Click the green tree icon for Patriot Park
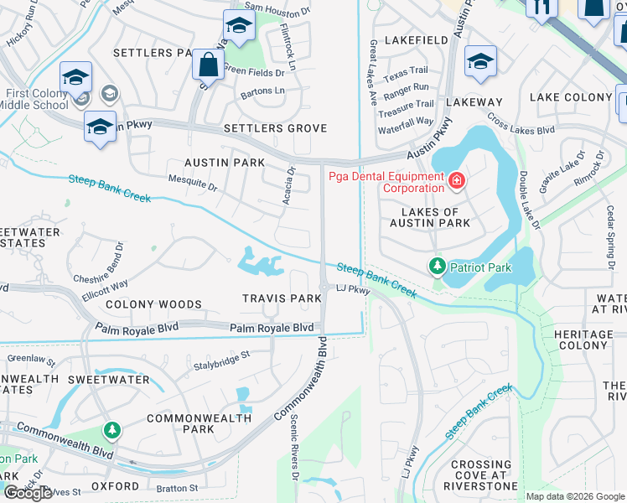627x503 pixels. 437,267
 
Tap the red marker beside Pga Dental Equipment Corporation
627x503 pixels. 456,180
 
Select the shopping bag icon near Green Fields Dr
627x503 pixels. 207,64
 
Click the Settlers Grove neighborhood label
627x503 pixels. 275,128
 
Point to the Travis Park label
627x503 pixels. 282,298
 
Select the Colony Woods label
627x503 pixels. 143,304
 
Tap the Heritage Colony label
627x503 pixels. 584,340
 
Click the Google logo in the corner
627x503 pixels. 28,493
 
